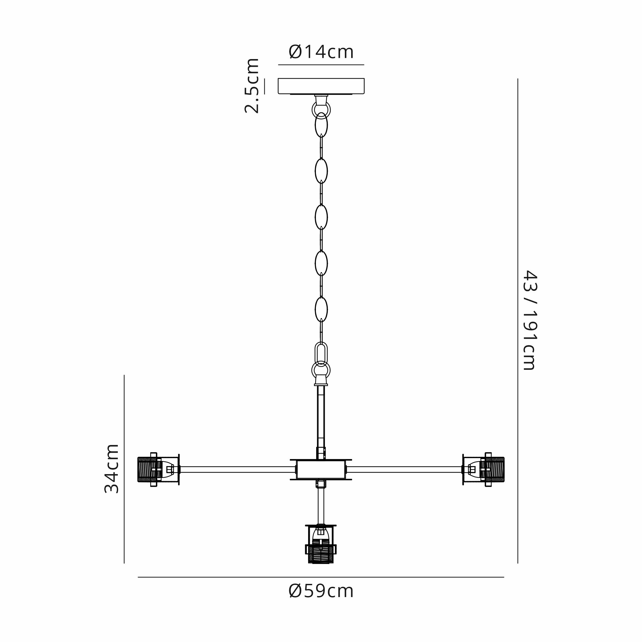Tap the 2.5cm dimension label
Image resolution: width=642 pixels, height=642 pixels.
252,86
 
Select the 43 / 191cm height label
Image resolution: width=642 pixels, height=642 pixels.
530,320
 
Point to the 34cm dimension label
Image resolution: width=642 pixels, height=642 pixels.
112,469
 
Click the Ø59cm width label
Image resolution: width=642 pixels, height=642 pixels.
321,591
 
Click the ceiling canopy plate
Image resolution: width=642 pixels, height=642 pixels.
321,86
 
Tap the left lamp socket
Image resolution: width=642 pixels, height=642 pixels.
159,469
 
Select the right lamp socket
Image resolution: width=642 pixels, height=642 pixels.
483,469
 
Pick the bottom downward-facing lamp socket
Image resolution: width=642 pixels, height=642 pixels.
321,544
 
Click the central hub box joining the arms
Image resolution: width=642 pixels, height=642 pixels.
321,470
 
